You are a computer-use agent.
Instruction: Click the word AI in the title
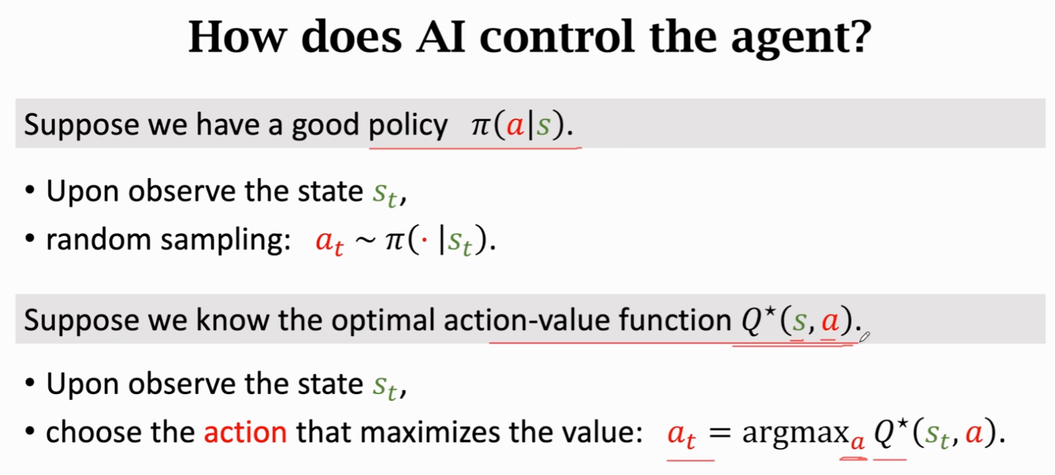click(441, 36)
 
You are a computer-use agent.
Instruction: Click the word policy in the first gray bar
click(408, 126)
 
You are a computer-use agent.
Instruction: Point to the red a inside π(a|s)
click(515, 125)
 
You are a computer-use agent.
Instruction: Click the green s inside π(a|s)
click(544, 125)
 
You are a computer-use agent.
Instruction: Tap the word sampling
click(225, 241)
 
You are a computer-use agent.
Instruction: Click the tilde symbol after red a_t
click(365, 240)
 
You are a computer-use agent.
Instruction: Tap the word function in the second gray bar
click(675, 320)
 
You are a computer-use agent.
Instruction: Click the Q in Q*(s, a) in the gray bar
click(751, 321)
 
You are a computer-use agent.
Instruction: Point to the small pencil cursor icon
click(864, 337)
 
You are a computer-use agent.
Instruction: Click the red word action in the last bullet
click(246, 432)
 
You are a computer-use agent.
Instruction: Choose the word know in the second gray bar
click(232, 320)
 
